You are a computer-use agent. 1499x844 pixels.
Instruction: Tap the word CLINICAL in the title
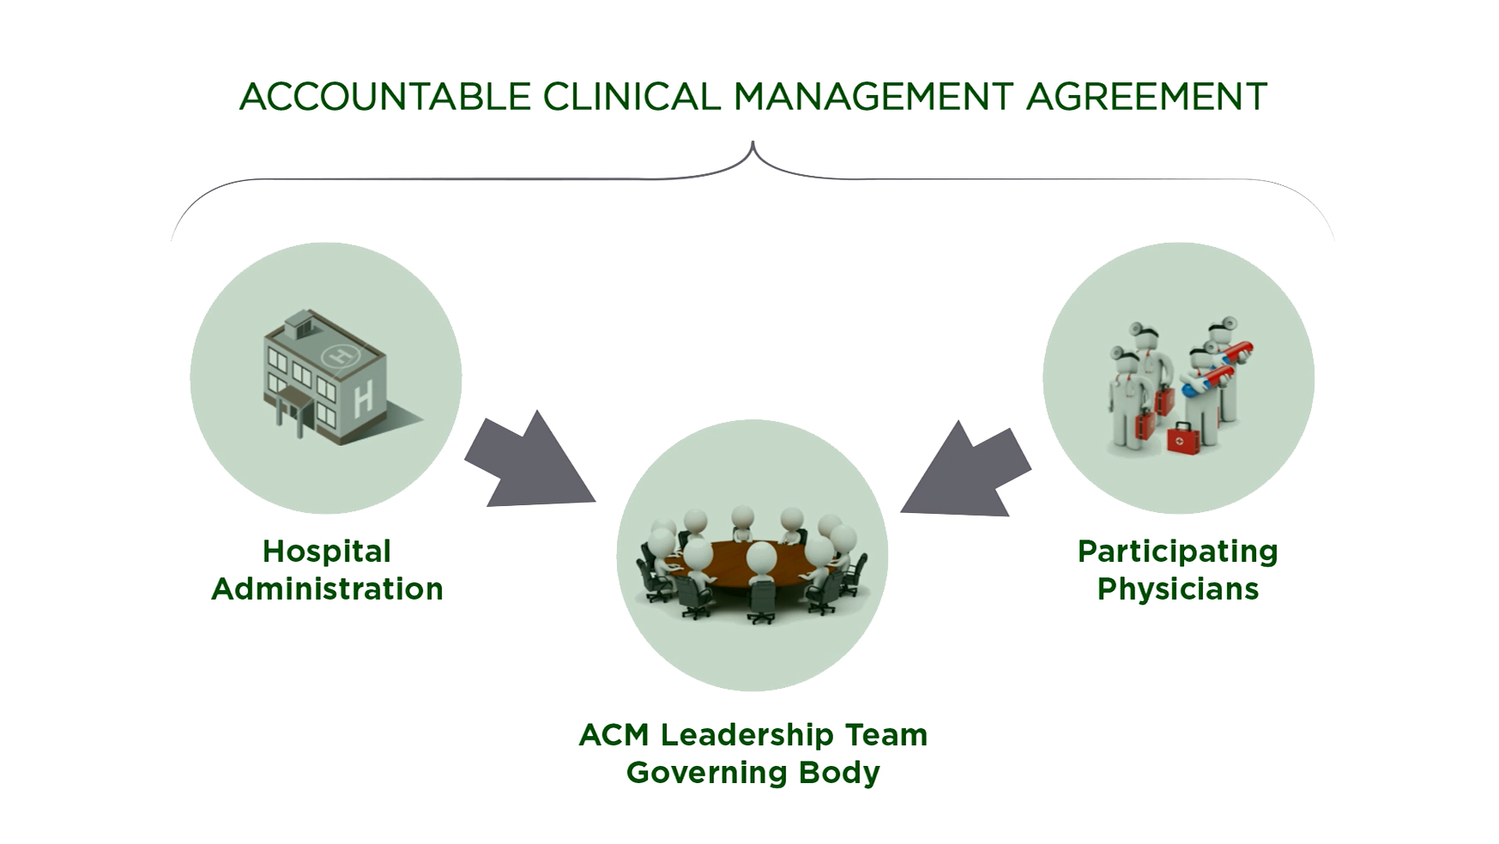coord(631,97)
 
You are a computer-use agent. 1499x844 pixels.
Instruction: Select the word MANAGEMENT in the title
coord(873,97)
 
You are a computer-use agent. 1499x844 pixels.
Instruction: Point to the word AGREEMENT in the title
coord(1146,97)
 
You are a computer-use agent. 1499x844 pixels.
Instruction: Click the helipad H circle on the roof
coord(341,353)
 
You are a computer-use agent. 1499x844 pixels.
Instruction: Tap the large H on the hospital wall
coord(363,398)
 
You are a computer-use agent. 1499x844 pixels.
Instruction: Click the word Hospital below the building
coord(327,552)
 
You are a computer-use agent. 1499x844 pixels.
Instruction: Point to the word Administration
coord(327,589)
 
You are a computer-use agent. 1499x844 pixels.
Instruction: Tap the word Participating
coord(1177,552)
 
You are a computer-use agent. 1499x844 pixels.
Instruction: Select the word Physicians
coord(1177,589)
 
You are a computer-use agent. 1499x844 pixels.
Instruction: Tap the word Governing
coord(706,773)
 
